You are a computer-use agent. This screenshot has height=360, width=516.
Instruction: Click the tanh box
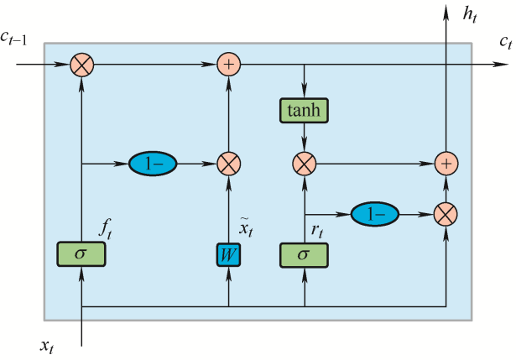[x=304, y=109]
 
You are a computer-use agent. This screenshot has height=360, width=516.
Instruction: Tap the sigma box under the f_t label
[x=81, y=253]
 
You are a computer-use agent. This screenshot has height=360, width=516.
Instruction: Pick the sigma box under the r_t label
[x=304, y=253]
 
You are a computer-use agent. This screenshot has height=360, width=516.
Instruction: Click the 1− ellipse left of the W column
[x=153, y=164]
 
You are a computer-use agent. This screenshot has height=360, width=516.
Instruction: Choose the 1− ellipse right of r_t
[x=373, y=214]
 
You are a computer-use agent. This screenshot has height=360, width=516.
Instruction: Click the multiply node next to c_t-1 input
[x=81, y=64]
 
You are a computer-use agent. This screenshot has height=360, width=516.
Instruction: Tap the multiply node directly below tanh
[x=304, y=164]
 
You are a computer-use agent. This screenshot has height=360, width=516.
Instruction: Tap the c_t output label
[x=503, y=41]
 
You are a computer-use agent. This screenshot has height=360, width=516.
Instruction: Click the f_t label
[x=105, y=227]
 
